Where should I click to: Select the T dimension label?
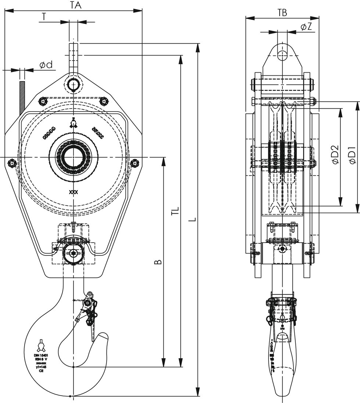click(x=44, y=17)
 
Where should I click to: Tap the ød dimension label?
click(x=46, y=65)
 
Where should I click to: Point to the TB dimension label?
click(x=282, y=12)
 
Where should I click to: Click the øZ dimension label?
click(x=306, y=27)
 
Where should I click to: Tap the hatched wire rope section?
click(x=22, y=97)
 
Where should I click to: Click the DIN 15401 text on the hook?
click(x=41, y=356)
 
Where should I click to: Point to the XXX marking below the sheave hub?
click(x=73, y=192)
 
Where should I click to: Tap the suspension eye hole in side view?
click(x=282, y=55)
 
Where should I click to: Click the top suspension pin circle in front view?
click(x=73, y=84)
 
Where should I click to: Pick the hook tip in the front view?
click(x=104, y=336)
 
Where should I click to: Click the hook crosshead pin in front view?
click(x=73, y=253)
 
